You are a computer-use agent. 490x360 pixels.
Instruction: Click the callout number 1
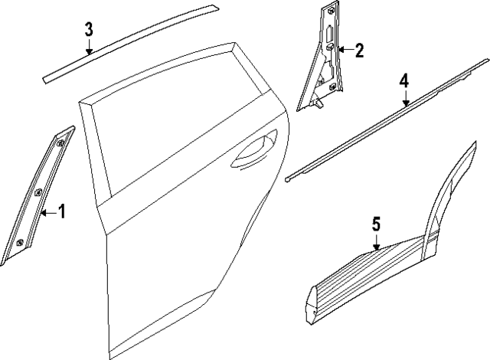coord(61,211)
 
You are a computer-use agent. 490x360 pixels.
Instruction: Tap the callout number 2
coord(359,51)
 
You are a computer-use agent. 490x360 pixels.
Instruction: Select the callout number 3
coord(89,30)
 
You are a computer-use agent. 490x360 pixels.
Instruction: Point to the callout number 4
coord(404,81)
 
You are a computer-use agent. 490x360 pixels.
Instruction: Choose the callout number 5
coord(376,224)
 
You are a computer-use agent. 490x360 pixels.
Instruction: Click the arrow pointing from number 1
coord(47,212)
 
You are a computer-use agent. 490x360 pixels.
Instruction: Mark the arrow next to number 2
coord(345,51)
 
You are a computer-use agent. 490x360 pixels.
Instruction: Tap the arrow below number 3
coord(89,47)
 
